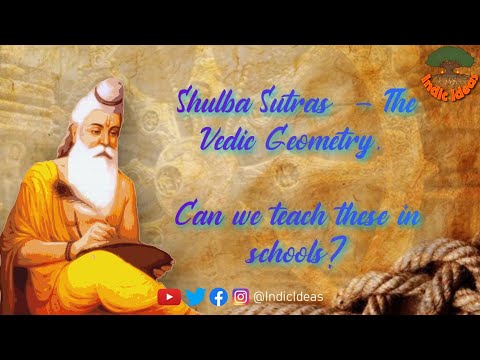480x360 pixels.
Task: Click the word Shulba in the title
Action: [207, 102]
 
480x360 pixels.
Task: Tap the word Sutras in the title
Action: [276, 102]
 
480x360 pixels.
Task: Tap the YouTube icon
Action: [170, 296]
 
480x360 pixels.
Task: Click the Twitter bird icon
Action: [195, 296]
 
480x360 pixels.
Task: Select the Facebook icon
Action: [218, 296]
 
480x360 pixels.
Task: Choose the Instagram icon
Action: [241, 296]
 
